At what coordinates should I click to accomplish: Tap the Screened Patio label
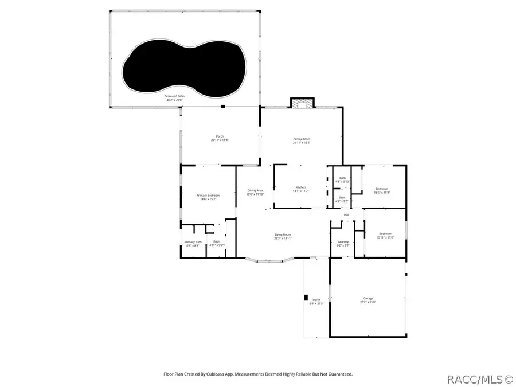175,96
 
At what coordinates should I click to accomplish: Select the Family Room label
302,139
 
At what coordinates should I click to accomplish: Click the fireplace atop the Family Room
302,104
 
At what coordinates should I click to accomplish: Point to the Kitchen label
301,187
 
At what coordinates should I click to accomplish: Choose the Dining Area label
255,190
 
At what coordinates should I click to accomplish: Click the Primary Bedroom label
208,196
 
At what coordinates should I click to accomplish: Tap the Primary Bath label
193,242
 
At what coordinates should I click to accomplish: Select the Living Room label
283,234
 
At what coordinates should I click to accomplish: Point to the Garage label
368,298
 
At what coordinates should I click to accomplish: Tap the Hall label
346,215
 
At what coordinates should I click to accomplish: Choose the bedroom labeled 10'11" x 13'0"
385,235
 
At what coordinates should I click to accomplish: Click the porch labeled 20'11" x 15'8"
220,138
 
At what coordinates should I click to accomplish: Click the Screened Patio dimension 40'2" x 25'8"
175,100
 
